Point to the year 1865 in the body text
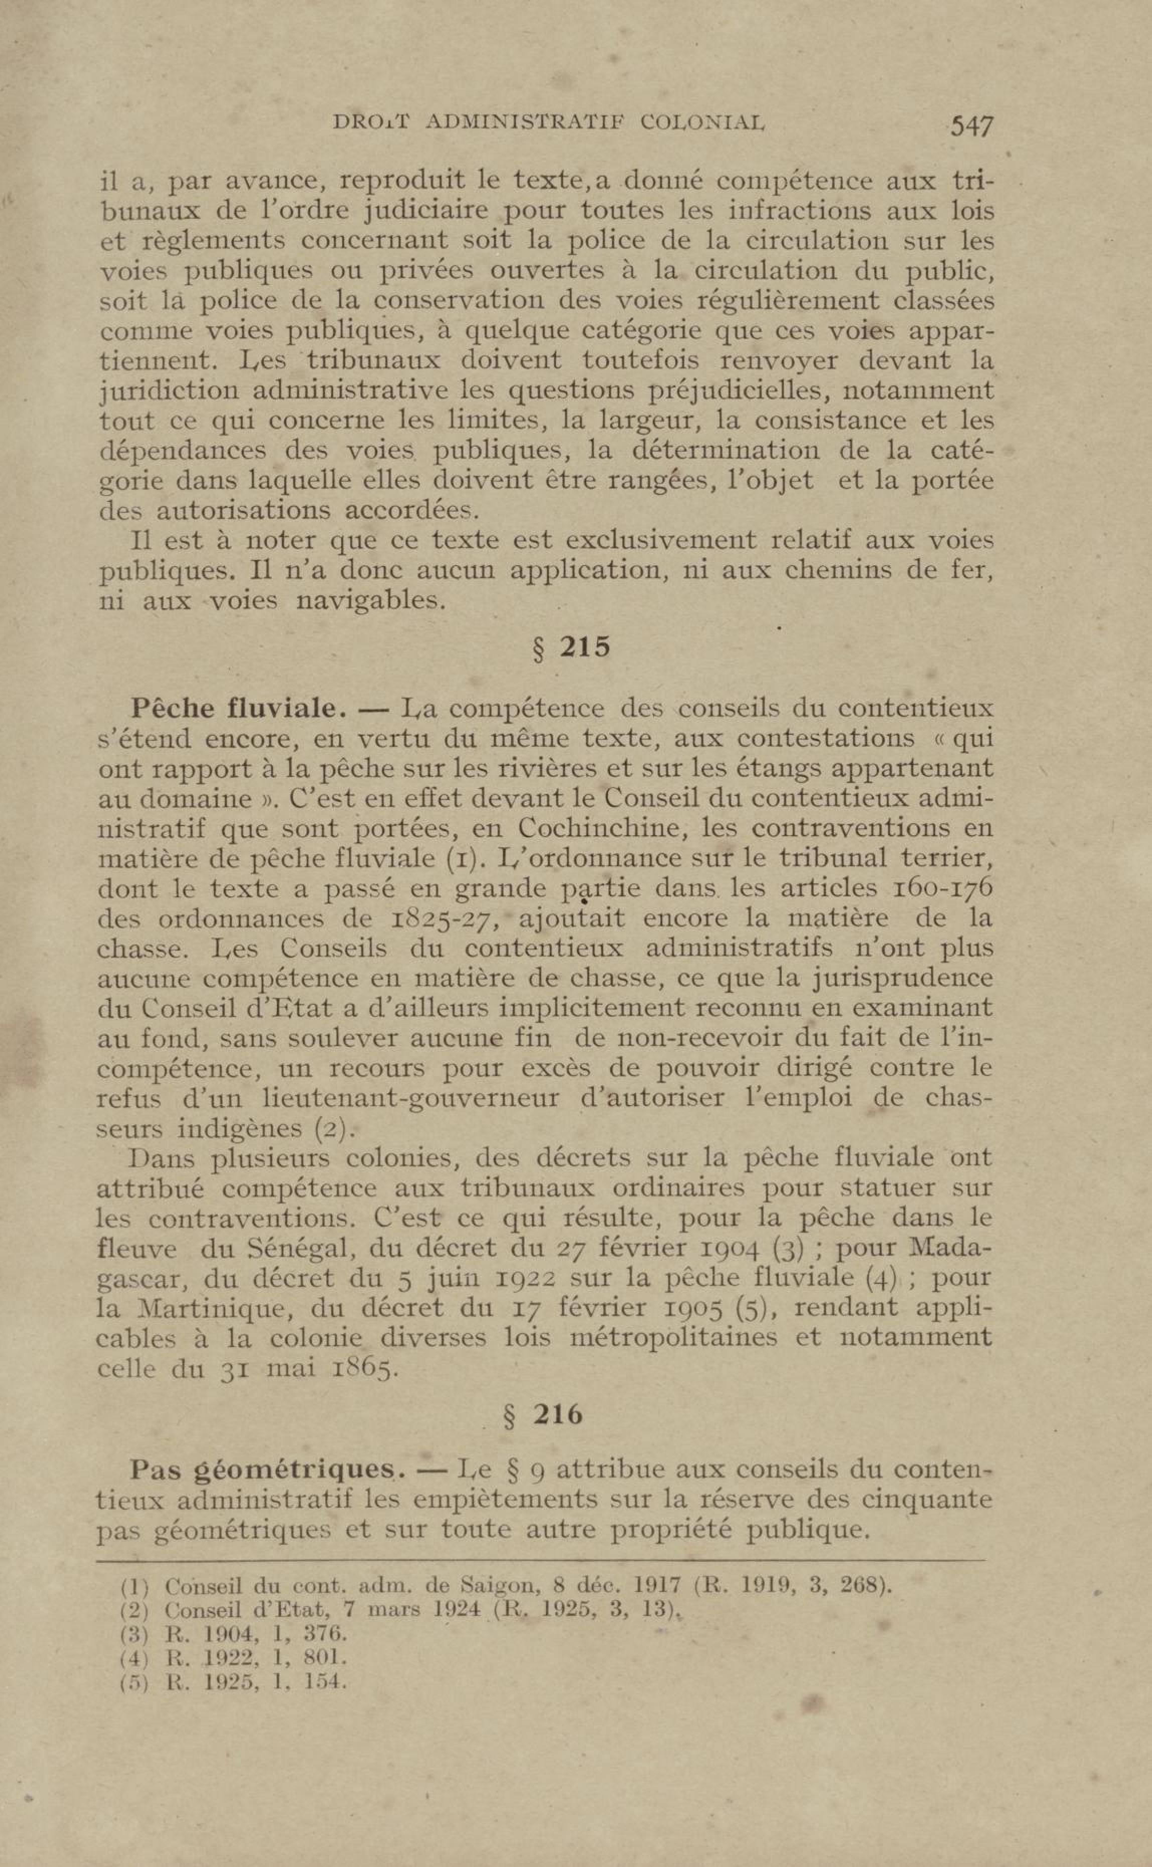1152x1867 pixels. pyautogui.click(x=364, y=1369)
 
